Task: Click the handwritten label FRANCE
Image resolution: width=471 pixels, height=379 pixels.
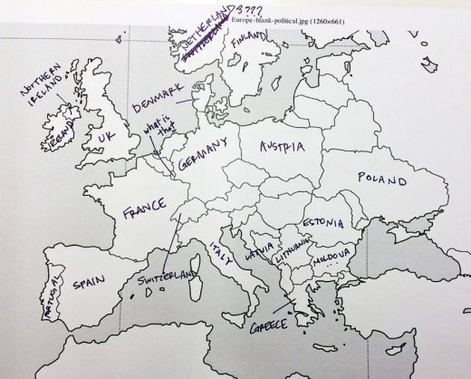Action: click(x=139, y=215)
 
